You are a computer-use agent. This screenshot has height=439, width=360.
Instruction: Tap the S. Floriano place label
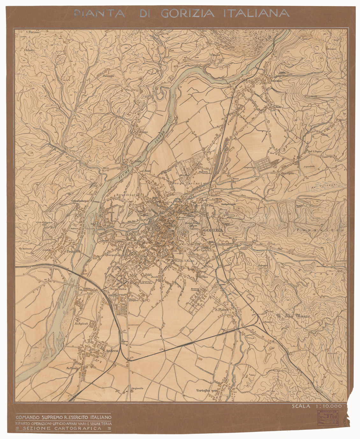pyautogui.click(x=32, y=32)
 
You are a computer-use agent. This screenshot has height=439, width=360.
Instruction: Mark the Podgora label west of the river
pyautogui.click(x=73, y=252)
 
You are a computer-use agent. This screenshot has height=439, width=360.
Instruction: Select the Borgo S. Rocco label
pyautogui.click(x=184, y=261)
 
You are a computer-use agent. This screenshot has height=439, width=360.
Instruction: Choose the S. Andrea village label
pyautogui.click(x=110, y=351)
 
